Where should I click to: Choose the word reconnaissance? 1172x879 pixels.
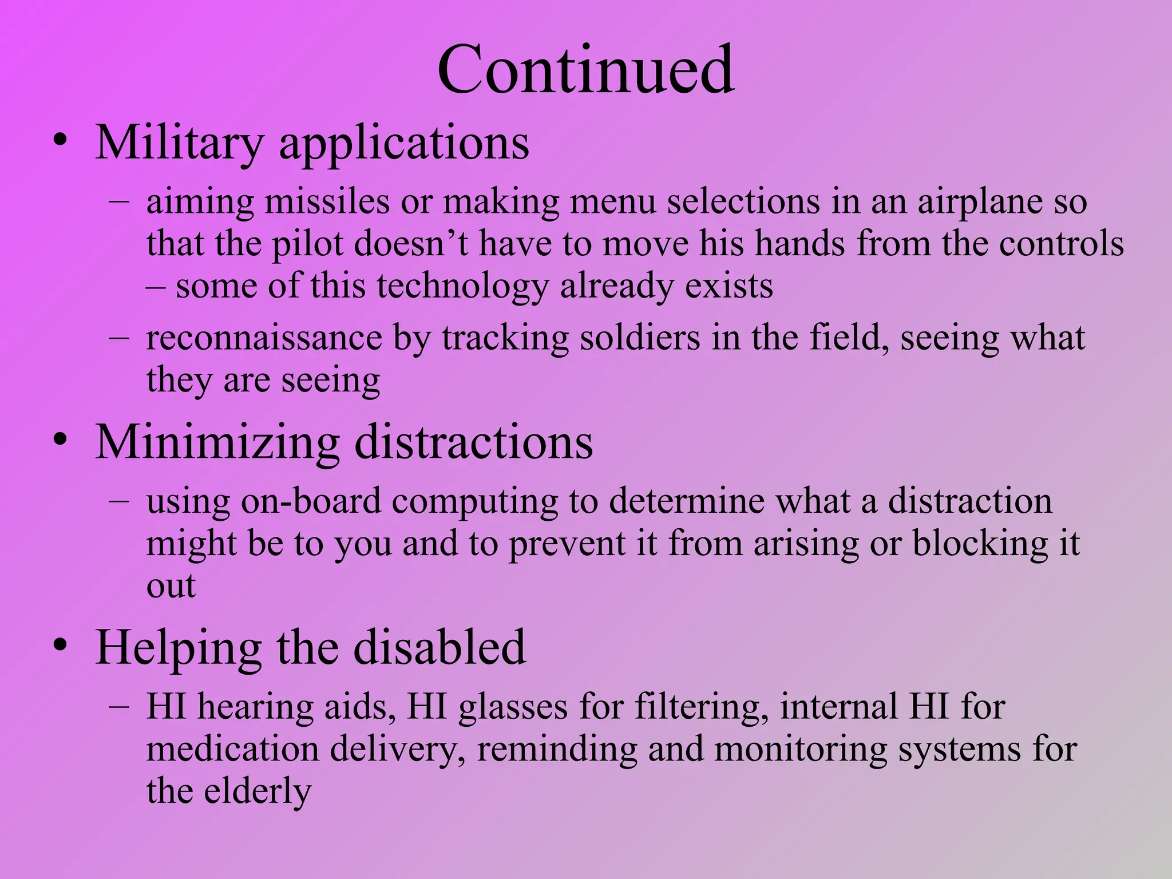click(264, 338)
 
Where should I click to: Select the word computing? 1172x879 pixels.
click(474, 502)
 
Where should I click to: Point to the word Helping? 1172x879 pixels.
click(178, 648)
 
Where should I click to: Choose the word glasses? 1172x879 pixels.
click(513, 707)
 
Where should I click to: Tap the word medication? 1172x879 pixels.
click(232, 749)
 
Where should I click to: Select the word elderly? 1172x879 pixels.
click(258, 791)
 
